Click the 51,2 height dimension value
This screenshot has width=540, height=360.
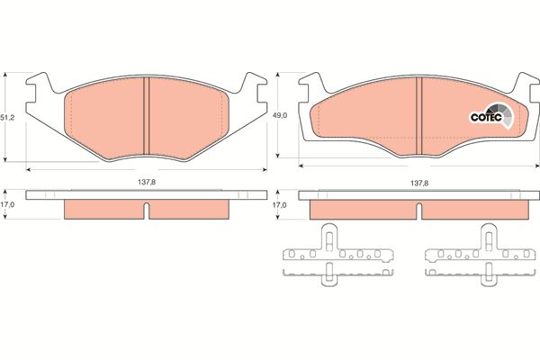(x=7, y=118)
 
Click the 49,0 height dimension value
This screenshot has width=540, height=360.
(x=280, y=116)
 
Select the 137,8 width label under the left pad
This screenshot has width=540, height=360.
(x=147, y=182)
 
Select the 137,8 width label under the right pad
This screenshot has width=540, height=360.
(x=419, y=184)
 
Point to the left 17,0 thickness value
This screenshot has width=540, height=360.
(x=7, y=204)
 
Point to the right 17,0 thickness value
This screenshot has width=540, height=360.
(x=279, y=205)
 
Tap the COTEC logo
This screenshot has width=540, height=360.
(x=491, y=116)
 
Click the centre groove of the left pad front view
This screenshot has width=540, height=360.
(x=147, y=116)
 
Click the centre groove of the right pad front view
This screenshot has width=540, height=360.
(x=418, y=115)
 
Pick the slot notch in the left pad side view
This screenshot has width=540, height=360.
(x=147, y=210)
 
